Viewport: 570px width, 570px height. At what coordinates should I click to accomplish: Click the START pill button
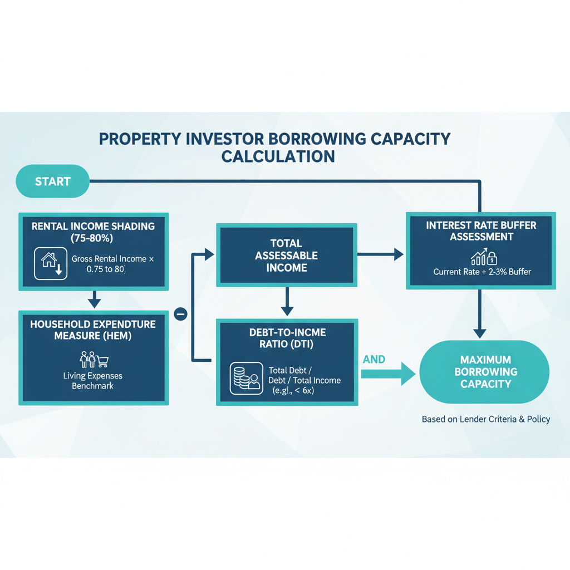tap(53, 181)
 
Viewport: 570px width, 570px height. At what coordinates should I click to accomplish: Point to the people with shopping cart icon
tap(93, 360)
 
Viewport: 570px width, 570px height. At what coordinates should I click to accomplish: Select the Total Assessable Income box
tap(286, 255)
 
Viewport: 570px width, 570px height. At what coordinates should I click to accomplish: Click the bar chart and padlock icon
tap(484, 258)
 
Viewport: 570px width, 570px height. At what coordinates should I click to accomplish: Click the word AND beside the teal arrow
tap(374, 360)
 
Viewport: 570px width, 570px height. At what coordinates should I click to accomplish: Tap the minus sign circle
tap(181, 314)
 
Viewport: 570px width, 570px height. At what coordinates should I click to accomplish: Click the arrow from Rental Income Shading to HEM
tap(94, 299)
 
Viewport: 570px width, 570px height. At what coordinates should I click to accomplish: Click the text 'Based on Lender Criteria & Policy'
tap(485, 419)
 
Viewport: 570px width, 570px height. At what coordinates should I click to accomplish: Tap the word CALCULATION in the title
tap(278, 156)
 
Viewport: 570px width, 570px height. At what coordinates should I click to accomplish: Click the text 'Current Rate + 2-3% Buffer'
tap(482, 272)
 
